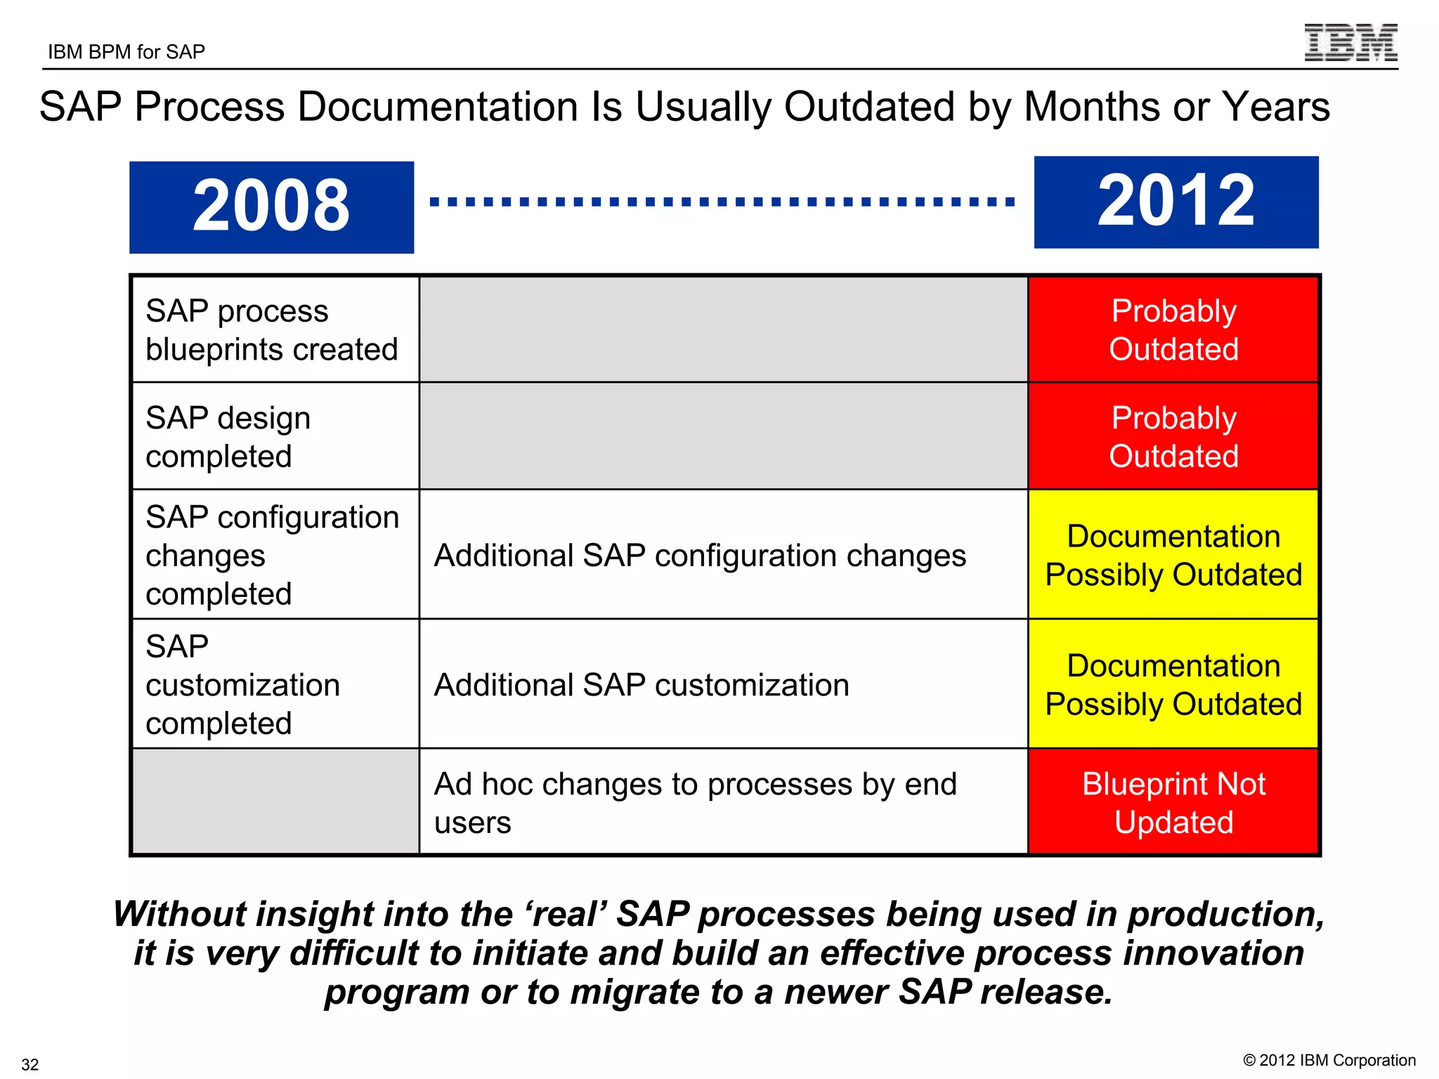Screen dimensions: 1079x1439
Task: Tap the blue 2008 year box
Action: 271,207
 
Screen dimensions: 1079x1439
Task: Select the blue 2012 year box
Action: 1176,202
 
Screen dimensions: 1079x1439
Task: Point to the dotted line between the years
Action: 722,202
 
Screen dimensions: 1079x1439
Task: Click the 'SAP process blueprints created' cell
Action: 275,329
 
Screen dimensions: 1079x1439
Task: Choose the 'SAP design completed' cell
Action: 275,436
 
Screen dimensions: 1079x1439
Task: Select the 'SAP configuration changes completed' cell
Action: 275,555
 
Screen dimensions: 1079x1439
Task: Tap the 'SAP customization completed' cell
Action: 275,684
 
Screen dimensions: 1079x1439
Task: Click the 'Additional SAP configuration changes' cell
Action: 723,555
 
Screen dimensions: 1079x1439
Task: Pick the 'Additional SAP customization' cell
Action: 723,684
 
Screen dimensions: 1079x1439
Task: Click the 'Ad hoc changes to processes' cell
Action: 723,803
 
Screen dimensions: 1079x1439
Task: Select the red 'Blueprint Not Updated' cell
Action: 1173,803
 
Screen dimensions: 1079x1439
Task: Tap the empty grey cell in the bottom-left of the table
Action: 275,803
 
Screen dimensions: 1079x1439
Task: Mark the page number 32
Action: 30,1064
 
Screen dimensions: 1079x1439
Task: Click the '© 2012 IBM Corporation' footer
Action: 1329,1060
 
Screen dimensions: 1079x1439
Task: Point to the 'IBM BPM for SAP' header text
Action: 126,52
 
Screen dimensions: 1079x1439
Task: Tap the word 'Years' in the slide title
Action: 1275,107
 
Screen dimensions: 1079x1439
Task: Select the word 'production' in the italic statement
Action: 1225,914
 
